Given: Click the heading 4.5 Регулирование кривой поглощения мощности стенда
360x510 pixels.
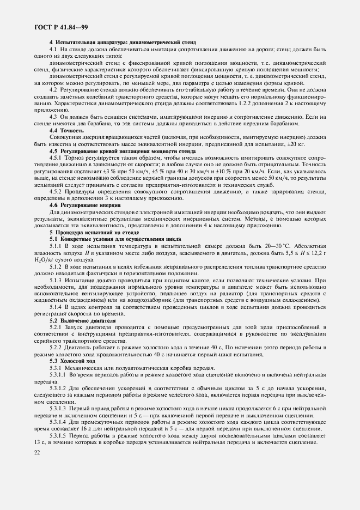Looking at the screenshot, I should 119,150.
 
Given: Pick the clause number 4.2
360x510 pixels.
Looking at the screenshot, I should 54,89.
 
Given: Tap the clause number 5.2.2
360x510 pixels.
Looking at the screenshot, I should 57,348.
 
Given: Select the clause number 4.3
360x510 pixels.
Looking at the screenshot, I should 54,116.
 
